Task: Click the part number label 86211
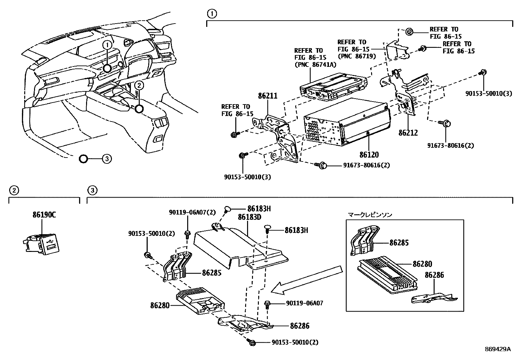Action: [x=267, y=96]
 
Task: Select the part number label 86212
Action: [x=408, y=133]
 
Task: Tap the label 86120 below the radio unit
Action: [x=368, y=154]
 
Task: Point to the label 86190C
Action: [x=44, y=215]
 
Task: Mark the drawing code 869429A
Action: [x=497, y=349]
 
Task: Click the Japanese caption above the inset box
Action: [x=370, y=215]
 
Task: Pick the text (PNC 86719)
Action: [x=356, y=56]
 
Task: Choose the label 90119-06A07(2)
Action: [x=192, y=212]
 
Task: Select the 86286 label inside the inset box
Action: [x=434, y=275]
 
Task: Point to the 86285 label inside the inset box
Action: [x=399, y=243]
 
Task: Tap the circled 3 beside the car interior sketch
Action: [x=106, y=159]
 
